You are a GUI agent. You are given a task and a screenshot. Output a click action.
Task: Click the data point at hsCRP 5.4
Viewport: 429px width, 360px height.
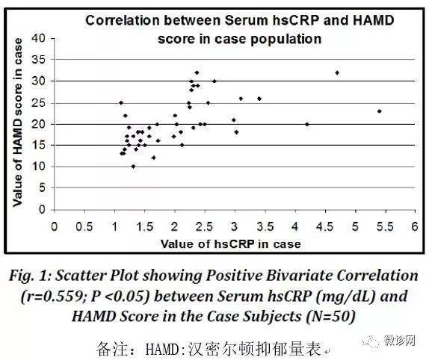379,111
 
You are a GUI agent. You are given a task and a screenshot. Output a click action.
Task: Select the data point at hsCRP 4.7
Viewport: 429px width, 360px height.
337,73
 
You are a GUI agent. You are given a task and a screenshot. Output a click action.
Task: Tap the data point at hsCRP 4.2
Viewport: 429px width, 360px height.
307,125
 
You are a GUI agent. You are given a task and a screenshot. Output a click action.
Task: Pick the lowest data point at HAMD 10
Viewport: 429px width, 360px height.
133,167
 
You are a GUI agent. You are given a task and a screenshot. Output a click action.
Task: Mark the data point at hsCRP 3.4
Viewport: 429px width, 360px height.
259,99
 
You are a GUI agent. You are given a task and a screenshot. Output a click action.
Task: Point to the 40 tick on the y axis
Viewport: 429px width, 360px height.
38,38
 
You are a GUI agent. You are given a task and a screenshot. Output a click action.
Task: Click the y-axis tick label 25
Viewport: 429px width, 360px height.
38,103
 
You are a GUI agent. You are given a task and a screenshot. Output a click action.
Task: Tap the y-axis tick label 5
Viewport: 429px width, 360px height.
42,187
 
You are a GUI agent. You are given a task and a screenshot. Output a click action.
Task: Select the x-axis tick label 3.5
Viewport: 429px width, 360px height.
265,226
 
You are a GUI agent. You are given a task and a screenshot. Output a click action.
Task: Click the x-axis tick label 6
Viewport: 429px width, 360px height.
415,226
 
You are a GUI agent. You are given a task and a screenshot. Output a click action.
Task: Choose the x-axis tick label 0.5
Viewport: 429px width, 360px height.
84,226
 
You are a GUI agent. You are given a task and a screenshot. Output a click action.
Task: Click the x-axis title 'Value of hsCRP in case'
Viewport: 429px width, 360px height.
231,243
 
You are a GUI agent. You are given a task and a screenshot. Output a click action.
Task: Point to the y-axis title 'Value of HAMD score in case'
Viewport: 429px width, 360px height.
18,122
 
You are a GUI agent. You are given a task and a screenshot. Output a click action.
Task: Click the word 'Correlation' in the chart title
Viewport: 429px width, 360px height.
123,20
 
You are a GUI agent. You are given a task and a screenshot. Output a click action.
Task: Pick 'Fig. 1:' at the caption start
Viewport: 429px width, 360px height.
31,276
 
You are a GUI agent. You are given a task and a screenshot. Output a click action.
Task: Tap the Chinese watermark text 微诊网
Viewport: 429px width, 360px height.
399,341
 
